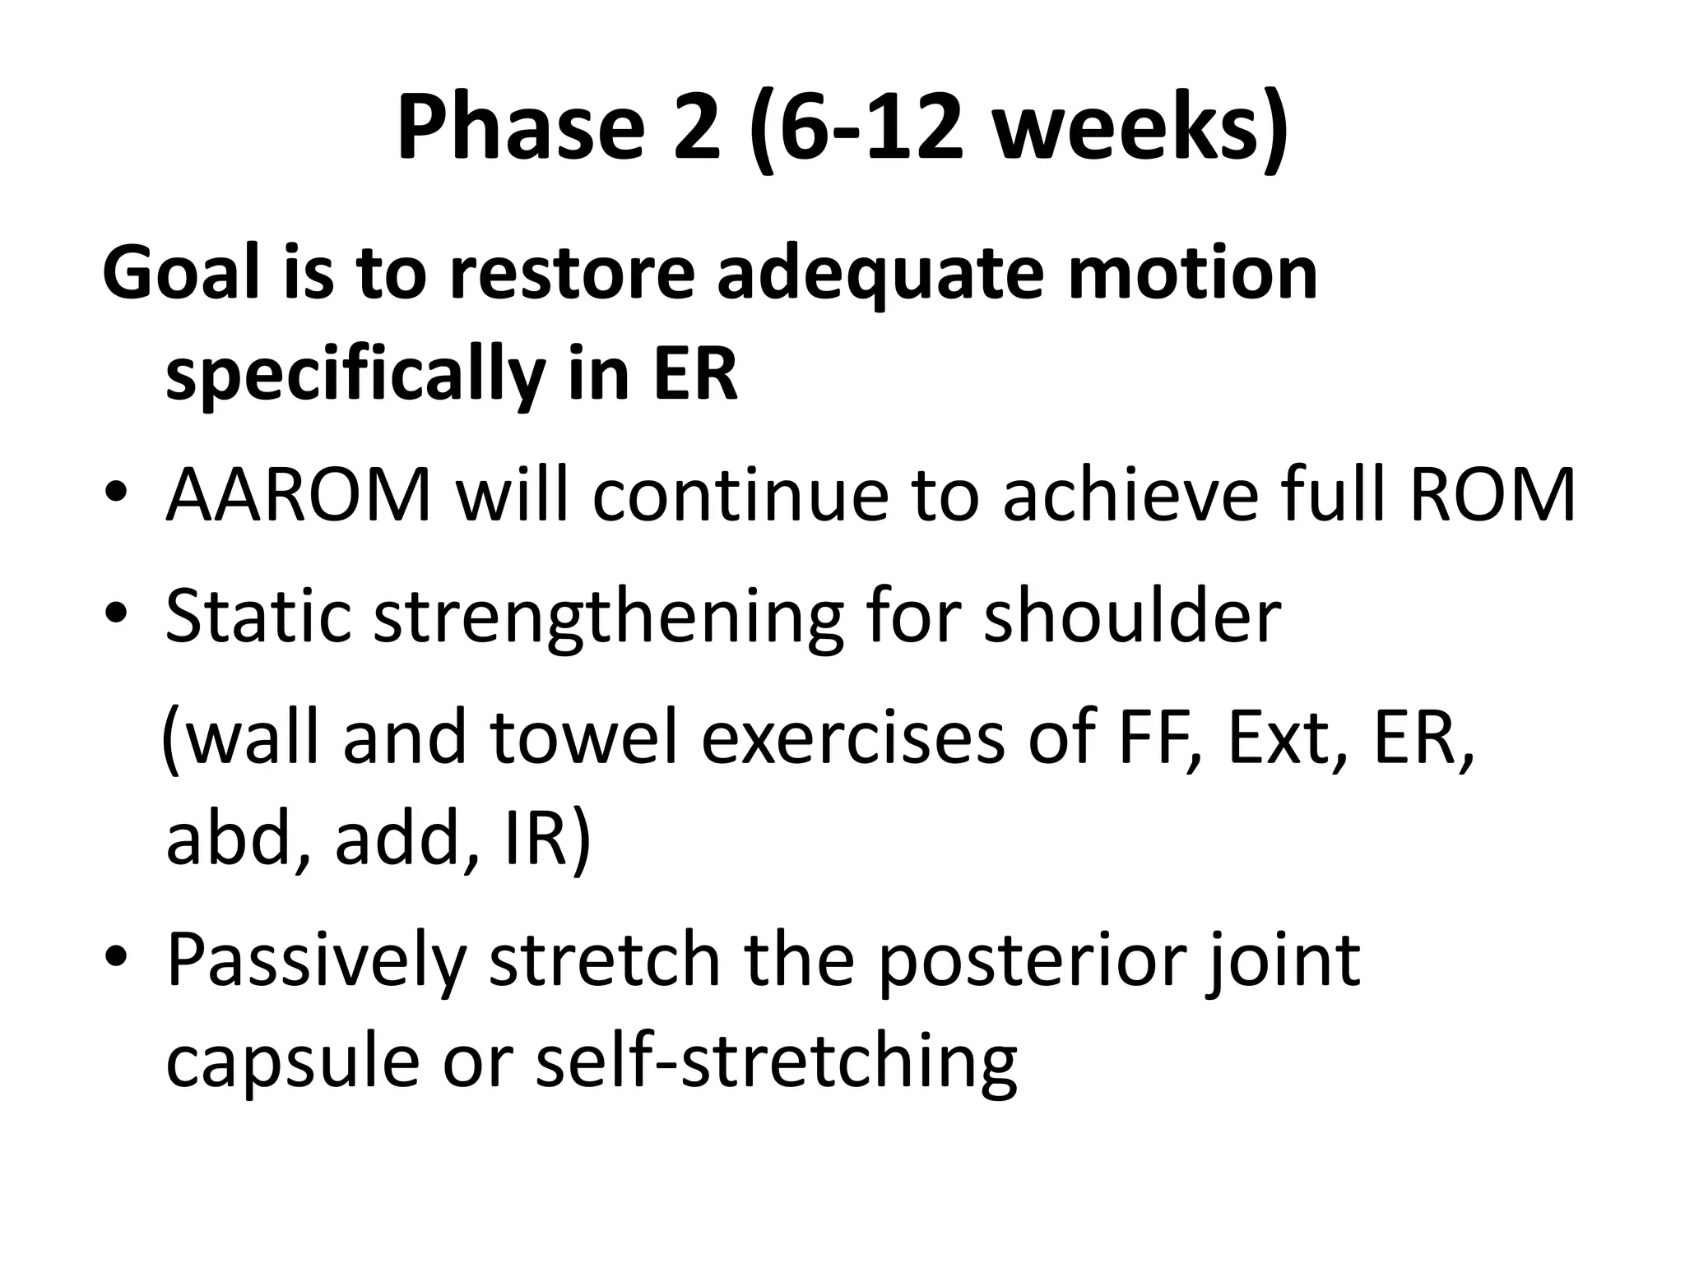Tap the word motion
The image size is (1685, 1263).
tap(1192, 273)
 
